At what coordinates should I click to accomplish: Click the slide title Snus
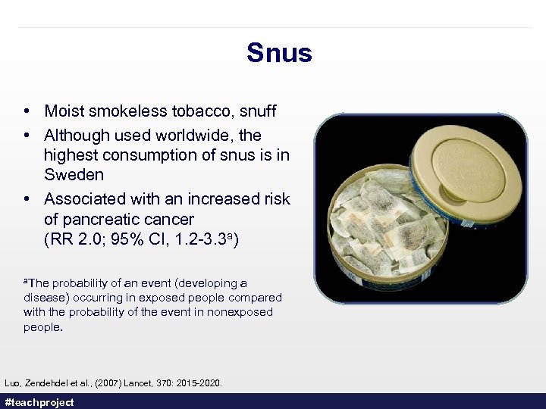[x=279, y=53]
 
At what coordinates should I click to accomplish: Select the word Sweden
[x=74, y=175]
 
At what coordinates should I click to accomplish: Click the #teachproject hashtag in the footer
[x=39, y=402]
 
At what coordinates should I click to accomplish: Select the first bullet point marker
[x=27, y=111]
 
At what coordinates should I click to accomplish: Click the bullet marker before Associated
[x=27, y=199]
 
